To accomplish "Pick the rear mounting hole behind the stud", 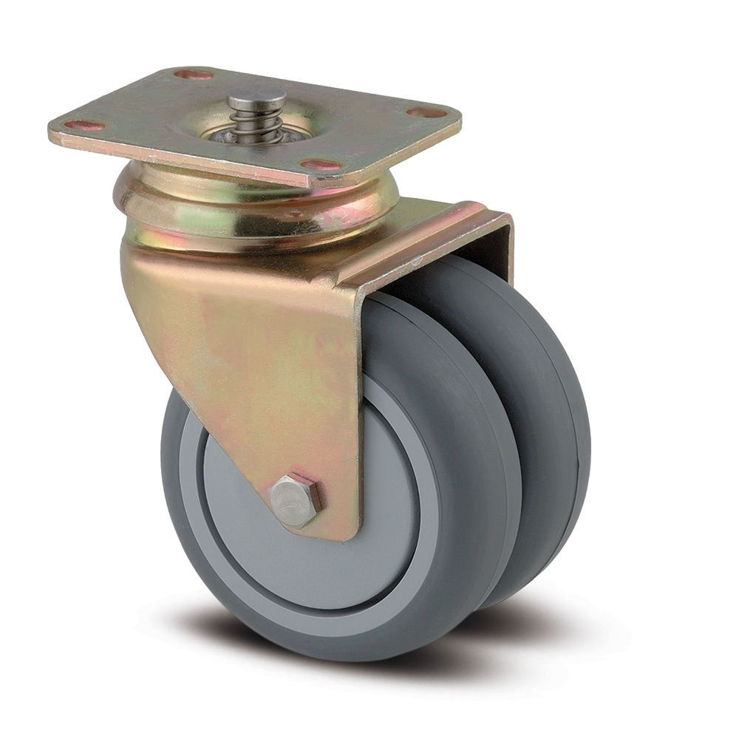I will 194,75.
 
